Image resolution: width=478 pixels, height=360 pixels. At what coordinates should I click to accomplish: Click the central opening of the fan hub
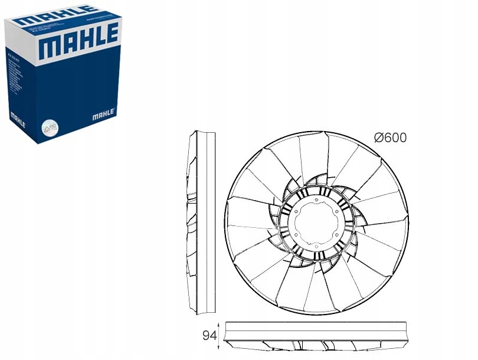click(x=316, y=224)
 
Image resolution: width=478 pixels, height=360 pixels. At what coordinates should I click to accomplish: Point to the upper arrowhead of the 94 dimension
click(x=219, y=325)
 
